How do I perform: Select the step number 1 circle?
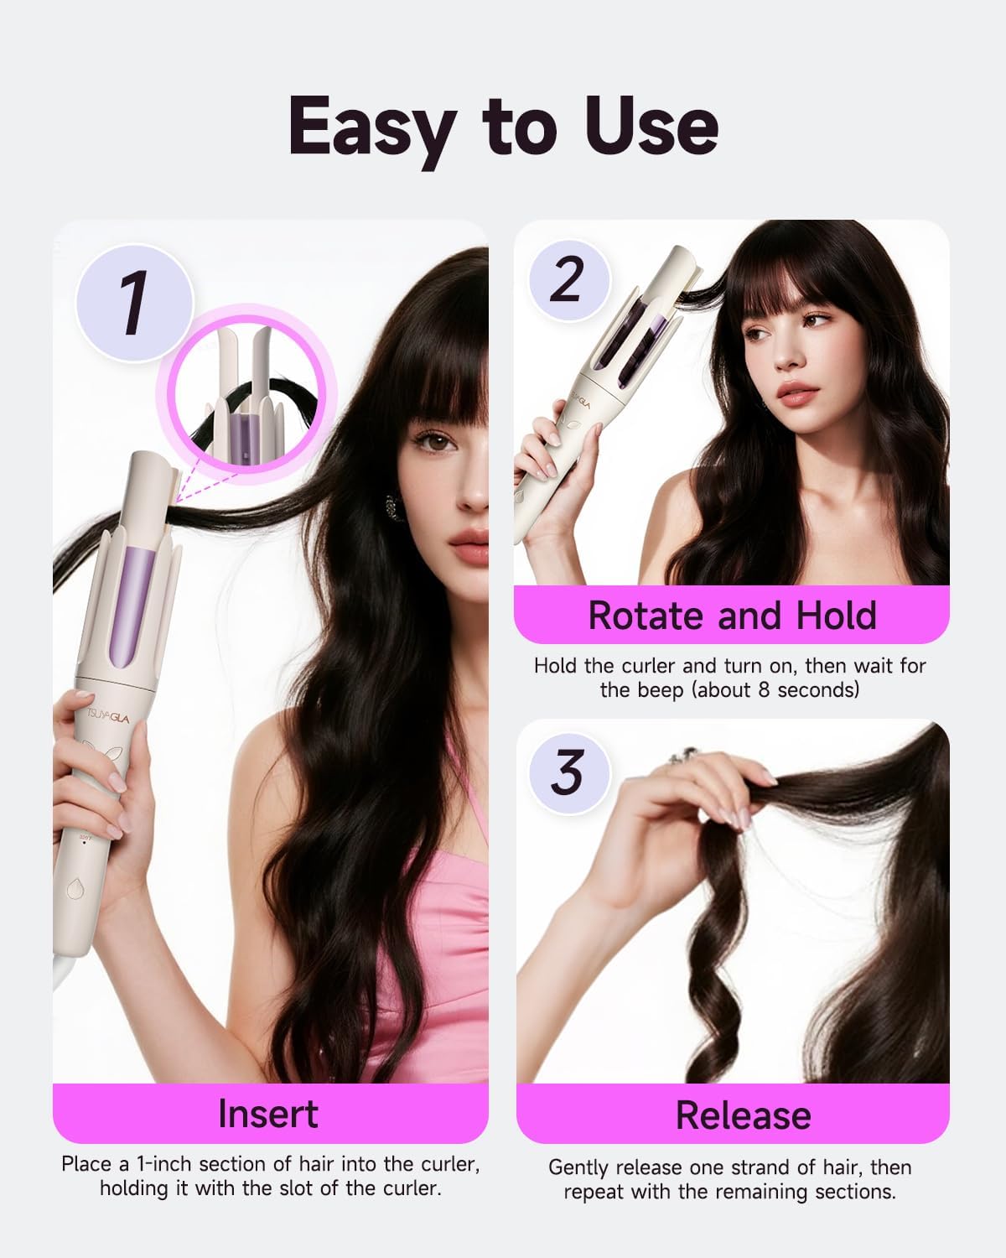(x=134, y=303)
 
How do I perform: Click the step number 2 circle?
(x=568, y=280)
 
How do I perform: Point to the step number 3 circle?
(x=568, y=772)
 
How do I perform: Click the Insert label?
(x=268, y=1114)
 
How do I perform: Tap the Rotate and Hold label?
(x=732, y=616)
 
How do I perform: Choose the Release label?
(x=743, y=1115)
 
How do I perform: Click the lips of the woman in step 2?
(x=797, y=392)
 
